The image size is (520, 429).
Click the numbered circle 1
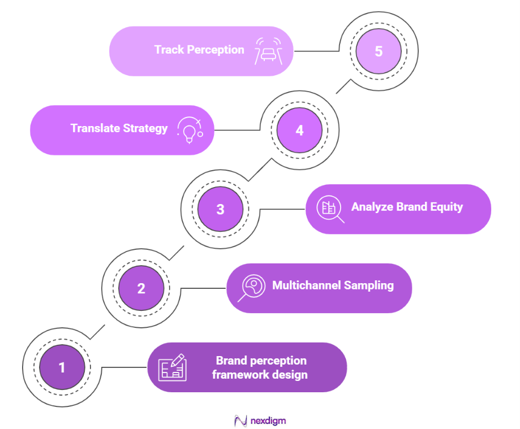(62, 367)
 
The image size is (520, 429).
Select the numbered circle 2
(141, 288)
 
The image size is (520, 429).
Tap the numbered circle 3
(220, 209)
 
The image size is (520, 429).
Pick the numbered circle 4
(299, 130)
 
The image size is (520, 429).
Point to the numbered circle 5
(379, 51)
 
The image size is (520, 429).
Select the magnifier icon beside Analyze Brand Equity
(330, 209)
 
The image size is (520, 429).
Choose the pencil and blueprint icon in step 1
(172, 367)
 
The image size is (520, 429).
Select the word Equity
(446, 207)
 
